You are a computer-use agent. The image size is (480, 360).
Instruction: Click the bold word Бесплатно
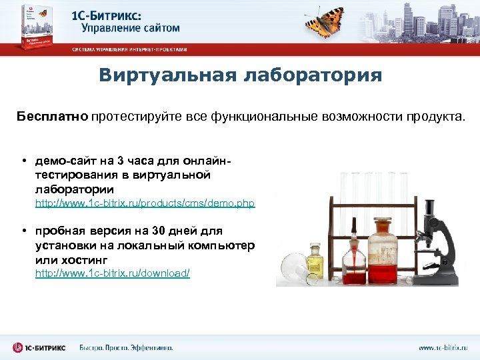[x=53, y=117]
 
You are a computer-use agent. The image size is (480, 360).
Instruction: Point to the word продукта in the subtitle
[x=434, y=117]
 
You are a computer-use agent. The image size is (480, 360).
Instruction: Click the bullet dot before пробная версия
[x=23, y=231]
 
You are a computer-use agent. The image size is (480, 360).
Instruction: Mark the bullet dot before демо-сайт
[x=23, y=161]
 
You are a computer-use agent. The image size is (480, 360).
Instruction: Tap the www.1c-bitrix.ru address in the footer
[x=444, y=347]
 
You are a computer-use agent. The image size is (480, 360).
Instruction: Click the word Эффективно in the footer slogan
[x=150, y=347]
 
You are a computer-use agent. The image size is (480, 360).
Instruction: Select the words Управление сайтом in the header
[x=131, y=28]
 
